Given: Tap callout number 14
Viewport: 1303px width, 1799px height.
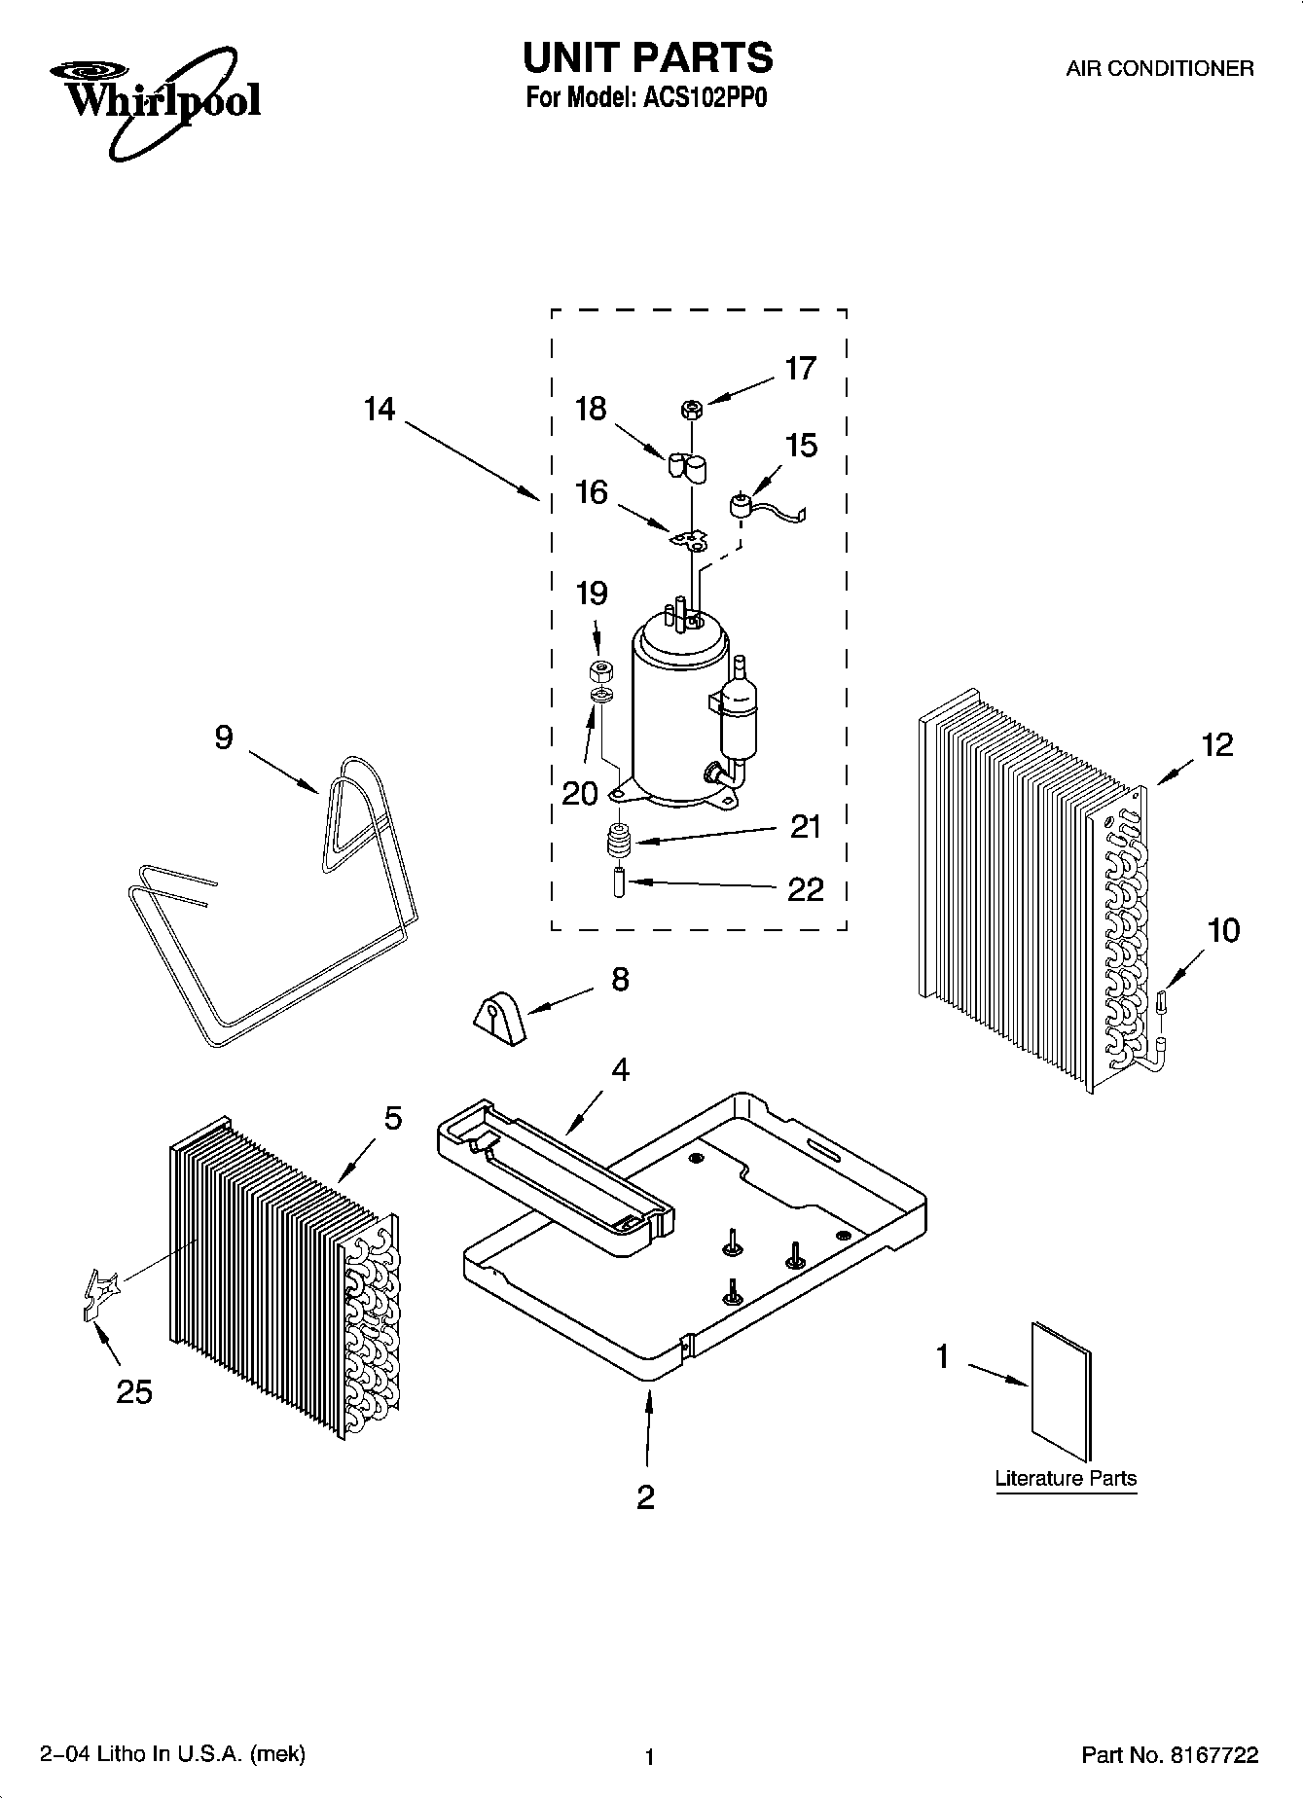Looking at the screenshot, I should click(x=380, y=410).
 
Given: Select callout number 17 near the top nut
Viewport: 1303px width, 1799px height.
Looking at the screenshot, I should click(x=800, y=369).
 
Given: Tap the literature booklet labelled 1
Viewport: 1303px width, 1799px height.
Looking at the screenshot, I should click(x=1061, y=1391).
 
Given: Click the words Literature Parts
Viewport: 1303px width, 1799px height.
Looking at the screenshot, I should click(x=1066, y=1478).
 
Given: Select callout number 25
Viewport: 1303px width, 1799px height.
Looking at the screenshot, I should click(x=134, y=1392).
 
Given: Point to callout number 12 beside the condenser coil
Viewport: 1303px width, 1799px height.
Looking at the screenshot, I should click(x=1216, y=745).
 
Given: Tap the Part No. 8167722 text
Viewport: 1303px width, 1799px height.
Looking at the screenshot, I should click(x=1170, y=1755).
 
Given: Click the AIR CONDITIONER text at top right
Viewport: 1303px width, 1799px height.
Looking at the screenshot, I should click(x=1159, y=69).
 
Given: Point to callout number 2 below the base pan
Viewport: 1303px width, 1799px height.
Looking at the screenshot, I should click(x=645, y=1496).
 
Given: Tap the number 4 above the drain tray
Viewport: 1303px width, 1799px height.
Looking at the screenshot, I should click(x=620, y=1069).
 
